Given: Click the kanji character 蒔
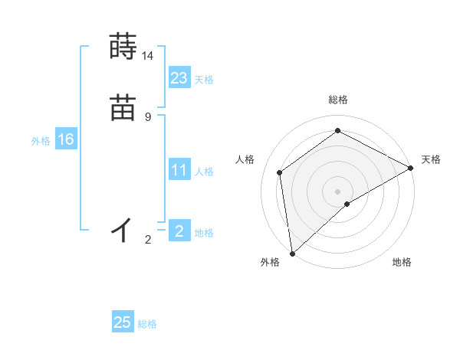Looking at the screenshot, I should (x=123, y=47).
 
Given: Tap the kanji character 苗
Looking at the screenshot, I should (x=123, y=108).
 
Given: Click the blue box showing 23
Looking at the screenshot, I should (x=179, y=77).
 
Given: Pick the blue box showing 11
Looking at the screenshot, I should (x=179, y=170).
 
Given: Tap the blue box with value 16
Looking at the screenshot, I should (x=66, y=139).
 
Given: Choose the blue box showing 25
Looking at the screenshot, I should (x=123, y=322).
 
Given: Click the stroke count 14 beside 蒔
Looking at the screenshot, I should (x=147, y=56).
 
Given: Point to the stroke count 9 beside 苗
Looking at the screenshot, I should (x=147, y=117).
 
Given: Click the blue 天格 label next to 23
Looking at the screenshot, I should (x=204, y=80).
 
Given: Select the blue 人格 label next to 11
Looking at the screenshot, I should (x=204, y=172).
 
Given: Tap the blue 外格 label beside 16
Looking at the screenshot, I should (x=41, y=141).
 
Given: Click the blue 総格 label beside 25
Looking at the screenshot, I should (x=147, y=324).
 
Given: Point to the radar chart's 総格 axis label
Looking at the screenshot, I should (x=337, y=100).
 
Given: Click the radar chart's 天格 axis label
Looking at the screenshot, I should (x=431, y=159).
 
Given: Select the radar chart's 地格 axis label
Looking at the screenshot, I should (x=402, y=263).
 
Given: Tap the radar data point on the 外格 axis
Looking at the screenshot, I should (x=291, y=253).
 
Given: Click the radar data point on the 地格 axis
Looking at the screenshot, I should (x=347, y=204).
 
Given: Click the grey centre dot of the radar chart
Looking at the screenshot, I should (x=337, y=191).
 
